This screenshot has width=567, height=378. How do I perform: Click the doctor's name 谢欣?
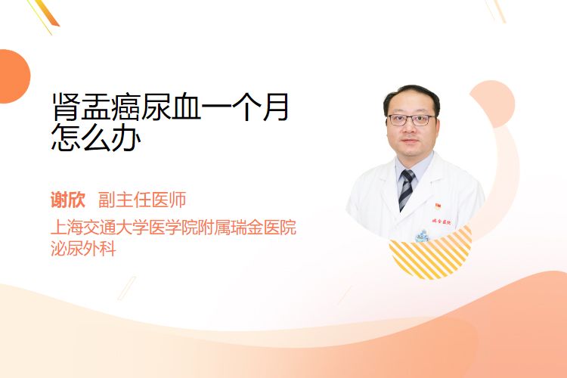click(68, 200)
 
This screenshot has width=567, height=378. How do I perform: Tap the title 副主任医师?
click(142, 200)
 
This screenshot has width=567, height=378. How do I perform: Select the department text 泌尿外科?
click(83, 249)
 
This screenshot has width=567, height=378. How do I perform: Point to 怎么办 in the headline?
click(96, 137)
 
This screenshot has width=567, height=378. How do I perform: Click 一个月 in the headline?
click(245, 107)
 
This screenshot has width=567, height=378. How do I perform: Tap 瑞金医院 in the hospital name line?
click(264, 227)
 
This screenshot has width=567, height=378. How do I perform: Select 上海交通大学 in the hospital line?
click(100, 227)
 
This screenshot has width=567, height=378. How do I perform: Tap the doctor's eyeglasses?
click(411, 119)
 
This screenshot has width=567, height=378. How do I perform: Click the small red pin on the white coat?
click(438, 206)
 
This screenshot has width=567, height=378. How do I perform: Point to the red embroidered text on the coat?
click(442, 222)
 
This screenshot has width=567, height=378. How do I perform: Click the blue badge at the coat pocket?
click(421, 236)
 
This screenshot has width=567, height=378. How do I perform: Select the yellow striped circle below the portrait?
click(431, 253)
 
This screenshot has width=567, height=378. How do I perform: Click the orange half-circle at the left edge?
click(14, 76)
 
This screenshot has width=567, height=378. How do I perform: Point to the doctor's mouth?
click(409, 141)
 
